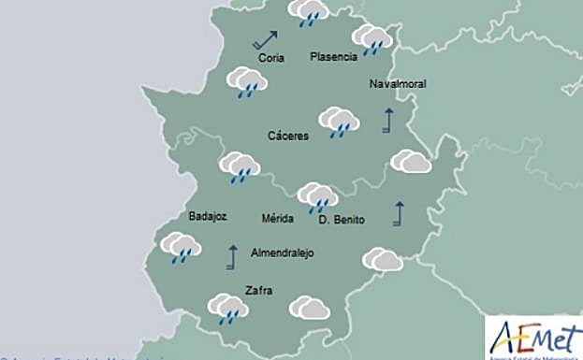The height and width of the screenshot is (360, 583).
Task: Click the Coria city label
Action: coord(270,58)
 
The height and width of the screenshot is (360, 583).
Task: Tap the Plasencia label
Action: coord(333,56)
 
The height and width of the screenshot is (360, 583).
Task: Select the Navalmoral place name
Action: coord(398,83)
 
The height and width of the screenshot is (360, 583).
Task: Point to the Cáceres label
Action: coord(287,136)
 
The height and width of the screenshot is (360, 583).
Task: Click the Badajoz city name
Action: coord(208,216)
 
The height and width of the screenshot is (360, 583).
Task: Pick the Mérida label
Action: coord(278,219)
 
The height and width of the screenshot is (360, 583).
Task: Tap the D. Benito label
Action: coord(342,220)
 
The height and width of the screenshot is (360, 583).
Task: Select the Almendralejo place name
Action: coord(283,253)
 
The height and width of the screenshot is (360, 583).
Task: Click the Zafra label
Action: coord(257,290)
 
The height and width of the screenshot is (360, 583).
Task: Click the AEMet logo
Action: coord(532,338)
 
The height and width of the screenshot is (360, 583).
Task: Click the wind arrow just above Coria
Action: coord(265,39)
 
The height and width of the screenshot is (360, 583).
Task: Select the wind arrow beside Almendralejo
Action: coord(232,257)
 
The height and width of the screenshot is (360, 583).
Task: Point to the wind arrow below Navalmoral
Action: coord(387,120)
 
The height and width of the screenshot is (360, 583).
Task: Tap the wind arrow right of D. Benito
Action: coord(400,213)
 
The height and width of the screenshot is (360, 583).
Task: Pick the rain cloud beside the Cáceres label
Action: coord(339,122)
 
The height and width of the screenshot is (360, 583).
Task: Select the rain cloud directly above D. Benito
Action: coord(318,196)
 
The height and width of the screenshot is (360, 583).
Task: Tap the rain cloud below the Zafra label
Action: coord(227,308)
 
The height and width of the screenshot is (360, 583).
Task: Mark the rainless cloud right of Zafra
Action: coord(309,308)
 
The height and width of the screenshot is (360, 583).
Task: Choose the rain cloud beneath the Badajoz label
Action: coord(182,248)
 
